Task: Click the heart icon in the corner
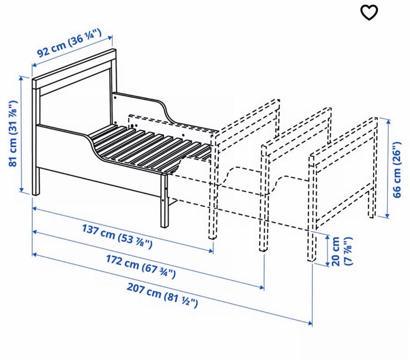tap(369, 12)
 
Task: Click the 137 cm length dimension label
tap(117, 236)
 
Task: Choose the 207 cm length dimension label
tap(162, 295)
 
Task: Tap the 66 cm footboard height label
tap(396, 170)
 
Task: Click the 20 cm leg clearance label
tap(342, 251)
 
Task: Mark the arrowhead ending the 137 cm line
tap(211, 251)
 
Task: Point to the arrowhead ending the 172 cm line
tap(262, 288)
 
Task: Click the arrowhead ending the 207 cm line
tap(310, 323)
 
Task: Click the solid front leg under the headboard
tap(36, 181)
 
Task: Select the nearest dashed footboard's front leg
tap(213, 186)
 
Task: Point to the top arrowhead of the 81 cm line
tap(21, 78)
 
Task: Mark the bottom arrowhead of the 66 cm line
tap(387, 215)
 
